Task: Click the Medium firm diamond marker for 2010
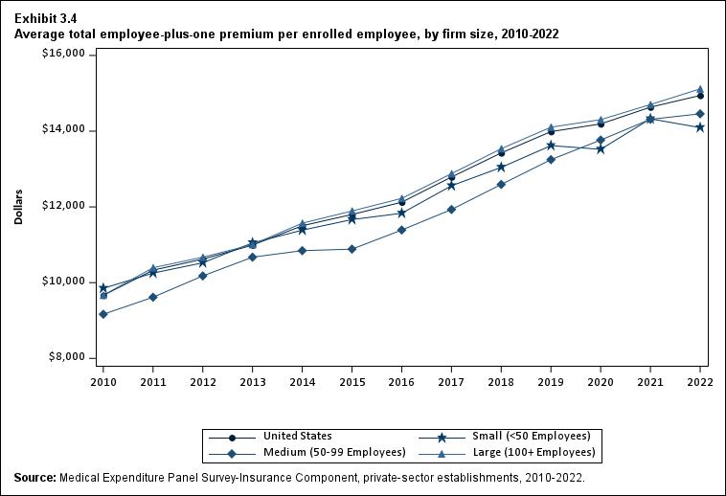[102, 314]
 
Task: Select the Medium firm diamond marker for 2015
[352, 249]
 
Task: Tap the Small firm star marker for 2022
[700, 127]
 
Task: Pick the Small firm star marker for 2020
[601, 148]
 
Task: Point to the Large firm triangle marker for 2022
[700, 89]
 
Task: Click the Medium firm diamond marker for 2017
[451, 209]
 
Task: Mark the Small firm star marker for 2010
[102, 287]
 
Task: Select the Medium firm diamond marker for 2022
[700, 114]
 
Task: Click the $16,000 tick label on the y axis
[64, 55]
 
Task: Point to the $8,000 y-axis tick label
[67, 358]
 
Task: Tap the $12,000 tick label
[64, 207]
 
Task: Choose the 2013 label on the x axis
[252, 381]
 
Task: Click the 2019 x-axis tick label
[551, 381]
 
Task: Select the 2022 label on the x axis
[700, 381]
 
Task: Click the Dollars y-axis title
[18, 207]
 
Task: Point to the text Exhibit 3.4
[46, 18]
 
